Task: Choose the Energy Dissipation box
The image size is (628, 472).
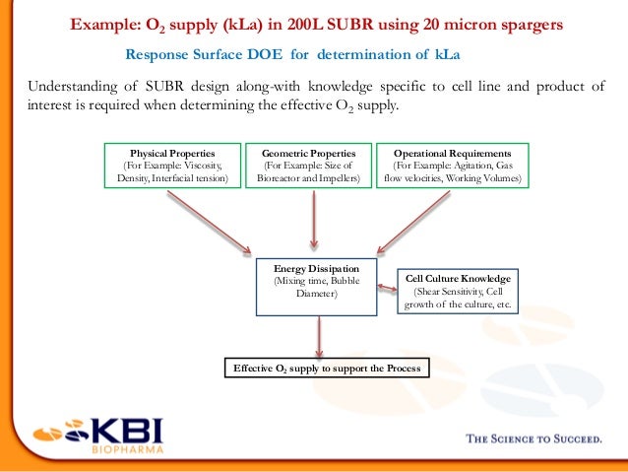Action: click(316, 287)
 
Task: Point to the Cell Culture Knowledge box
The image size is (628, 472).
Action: click(458, 292)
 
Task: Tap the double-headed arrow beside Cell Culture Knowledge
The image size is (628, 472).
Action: click(386, 287)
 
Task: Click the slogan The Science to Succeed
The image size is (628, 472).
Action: click(533, 440)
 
